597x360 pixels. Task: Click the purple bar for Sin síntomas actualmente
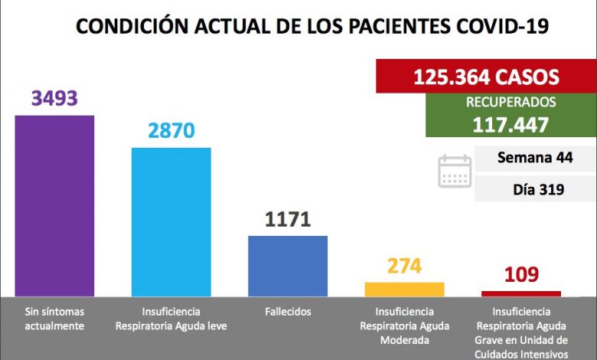[55, 205]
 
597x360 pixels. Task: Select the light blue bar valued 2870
[171, 221]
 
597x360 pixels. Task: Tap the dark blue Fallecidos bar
[288, 266]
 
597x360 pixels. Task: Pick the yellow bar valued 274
[404, 289]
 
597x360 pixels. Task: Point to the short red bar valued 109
[520, 293]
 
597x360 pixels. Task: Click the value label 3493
[55, 100]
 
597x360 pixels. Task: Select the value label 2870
[171, 131]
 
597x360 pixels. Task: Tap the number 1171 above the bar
[288, 220]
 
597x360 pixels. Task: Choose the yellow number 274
[404, 267]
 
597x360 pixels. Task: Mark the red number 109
[520, 274]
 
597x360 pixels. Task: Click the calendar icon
[455, 171]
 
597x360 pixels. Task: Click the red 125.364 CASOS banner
[485, 77]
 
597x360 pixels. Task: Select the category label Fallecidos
[288, 313]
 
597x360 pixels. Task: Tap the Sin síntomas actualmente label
[55, 319]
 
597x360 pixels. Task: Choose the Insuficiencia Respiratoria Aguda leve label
[171, 319]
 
